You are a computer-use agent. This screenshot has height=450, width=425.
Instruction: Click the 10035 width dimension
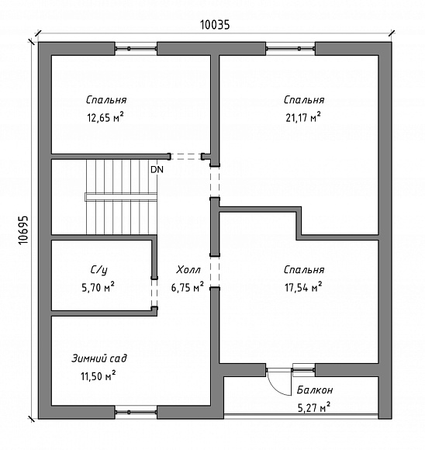pos(215,25)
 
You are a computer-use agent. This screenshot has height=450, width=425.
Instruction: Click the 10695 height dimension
pos(23,230)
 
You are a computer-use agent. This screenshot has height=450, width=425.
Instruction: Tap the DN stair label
pos(157,170)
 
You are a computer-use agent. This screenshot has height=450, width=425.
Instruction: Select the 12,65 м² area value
pos(105,117)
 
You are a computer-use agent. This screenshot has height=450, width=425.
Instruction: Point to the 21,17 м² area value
pos(303,117)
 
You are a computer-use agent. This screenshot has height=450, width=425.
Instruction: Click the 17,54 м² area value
pos(303,287)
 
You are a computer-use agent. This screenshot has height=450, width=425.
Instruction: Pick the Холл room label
pos(188,270)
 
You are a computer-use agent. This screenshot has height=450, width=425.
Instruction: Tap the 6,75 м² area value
pos(188,287)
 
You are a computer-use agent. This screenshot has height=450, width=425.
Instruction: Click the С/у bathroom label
pos(99,270)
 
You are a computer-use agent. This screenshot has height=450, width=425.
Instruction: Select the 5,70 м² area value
pos(98,287)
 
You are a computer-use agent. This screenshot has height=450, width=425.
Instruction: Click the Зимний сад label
pos(99,358)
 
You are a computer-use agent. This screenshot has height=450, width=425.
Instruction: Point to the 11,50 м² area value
pos(98,376)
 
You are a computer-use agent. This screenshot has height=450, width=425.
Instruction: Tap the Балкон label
pos(315,390)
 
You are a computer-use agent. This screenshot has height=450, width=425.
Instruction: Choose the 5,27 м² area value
pos(314,407)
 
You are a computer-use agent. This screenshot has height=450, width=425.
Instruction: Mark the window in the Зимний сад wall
pos(136,412)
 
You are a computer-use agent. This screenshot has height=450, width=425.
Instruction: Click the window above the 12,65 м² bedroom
pos(136,49)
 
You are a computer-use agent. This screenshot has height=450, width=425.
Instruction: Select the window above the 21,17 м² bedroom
pos(290,49)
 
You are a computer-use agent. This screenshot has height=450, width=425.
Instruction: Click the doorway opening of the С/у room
pos(154,293)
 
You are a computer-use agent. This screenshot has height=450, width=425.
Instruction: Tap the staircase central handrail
pos(121,197)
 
